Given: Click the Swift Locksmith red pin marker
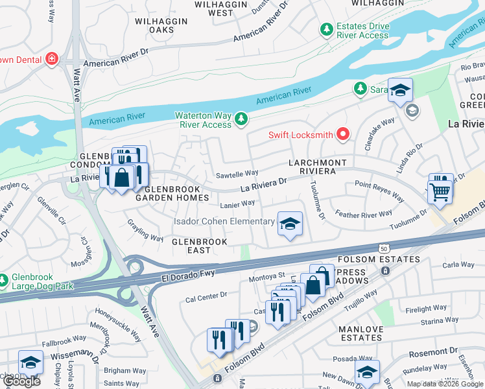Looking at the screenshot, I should click(x=342, y=135).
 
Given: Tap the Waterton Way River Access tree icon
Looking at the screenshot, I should click(x=241, y=119).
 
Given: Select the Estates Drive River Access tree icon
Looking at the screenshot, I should click(x=326, y=29).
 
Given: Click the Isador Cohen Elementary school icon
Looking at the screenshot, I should click(x=290, y=224).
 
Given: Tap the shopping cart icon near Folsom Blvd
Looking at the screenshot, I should click(x=440, y=190).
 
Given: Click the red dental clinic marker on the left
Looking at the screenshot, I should click(x=51, y=60).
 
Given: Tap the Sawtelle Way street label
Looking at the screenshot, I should click(x=237, y=174).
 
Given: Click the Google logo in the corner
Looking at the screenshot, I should click(x=21, y=381).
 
